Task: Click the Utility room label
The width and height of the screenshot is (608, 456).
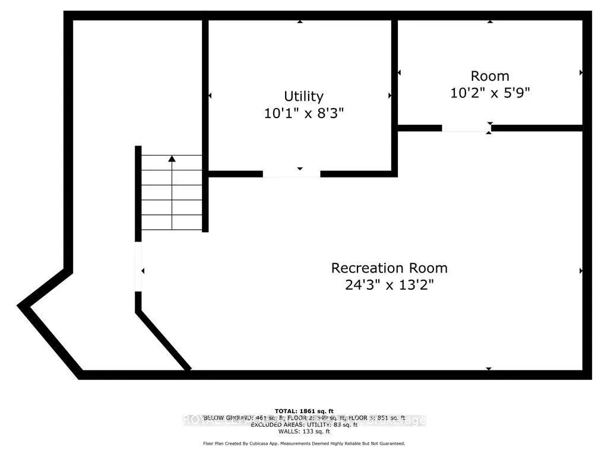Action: (303, 96)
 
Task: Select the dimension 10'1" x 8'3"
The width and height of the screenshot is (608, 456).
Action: (304, 113)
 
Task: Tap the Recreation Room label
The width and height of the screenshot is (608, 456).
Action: (389, 268)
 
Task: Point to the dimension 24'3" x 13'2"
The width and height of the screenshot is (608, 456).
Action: (389, 285)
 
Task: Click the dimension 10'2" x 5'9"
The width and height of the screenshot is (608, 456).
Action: (490, 93)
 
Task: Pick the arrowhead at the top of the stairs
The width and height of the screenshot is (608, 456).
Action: (172, 159)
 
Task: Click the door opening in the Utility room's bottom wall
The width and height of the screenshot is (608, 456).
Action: (291, 174)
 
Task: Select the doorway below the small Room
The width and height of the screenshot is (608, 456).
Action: (466, 128)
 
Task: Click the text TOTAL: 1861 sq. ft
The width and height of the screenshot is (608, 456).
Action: (304, 411)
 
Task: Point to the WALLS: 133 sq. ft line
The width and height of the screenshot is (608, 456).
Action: (304, 431)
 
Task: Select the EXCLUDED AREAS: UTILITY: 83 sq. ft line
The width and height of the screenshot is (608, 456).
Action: (304, 425)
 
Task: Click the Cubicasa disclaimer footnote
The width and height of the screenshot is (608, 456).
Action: (304, 444)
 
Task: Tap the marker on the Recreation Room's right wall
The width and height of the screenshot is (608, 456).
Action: (581, 271)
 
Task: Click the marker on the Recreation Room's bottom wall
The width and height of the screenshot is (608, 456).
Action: (489, 369)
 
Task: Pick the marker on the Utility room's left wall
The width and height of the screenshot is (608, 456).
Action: (210, 96)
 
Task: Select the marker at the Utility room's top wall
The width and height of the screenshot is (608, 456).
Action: (300, 21)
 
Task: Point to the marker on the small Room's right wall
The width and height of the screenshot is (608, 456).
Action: (581, 72)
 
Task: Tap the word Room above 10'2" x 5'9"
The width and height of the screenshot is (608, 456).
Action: (490, 76)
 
